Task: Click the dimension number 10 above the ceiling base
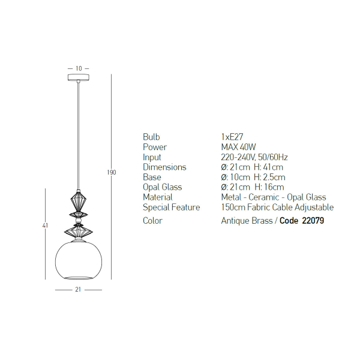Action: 79,68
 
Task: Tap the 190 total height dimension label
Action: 112,172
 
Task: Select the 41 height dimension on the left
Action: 45,225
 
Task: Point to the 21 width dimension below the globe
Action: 78,290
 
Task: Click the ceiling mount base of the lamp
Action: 79,77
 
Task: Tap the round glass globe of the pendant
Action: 79,260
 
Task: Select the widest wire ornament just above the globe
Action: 79,232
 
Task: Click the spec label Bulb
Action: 151,137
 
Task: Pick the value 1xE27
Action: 232,137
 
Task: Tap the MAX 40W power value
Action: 238,147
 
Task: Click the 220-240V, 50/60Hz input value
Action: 254,157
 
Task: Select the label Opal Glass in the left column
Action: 163,187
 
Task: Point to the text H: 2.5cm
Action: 269,177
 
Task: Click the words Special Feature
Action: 171,208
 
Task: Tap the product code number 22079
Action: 313,221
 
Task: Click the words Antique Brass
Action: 247,221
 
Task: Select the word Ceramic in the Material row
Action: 264,197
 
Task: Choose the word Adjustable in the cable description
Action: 314,208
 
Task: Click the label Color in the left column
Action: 152,221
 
